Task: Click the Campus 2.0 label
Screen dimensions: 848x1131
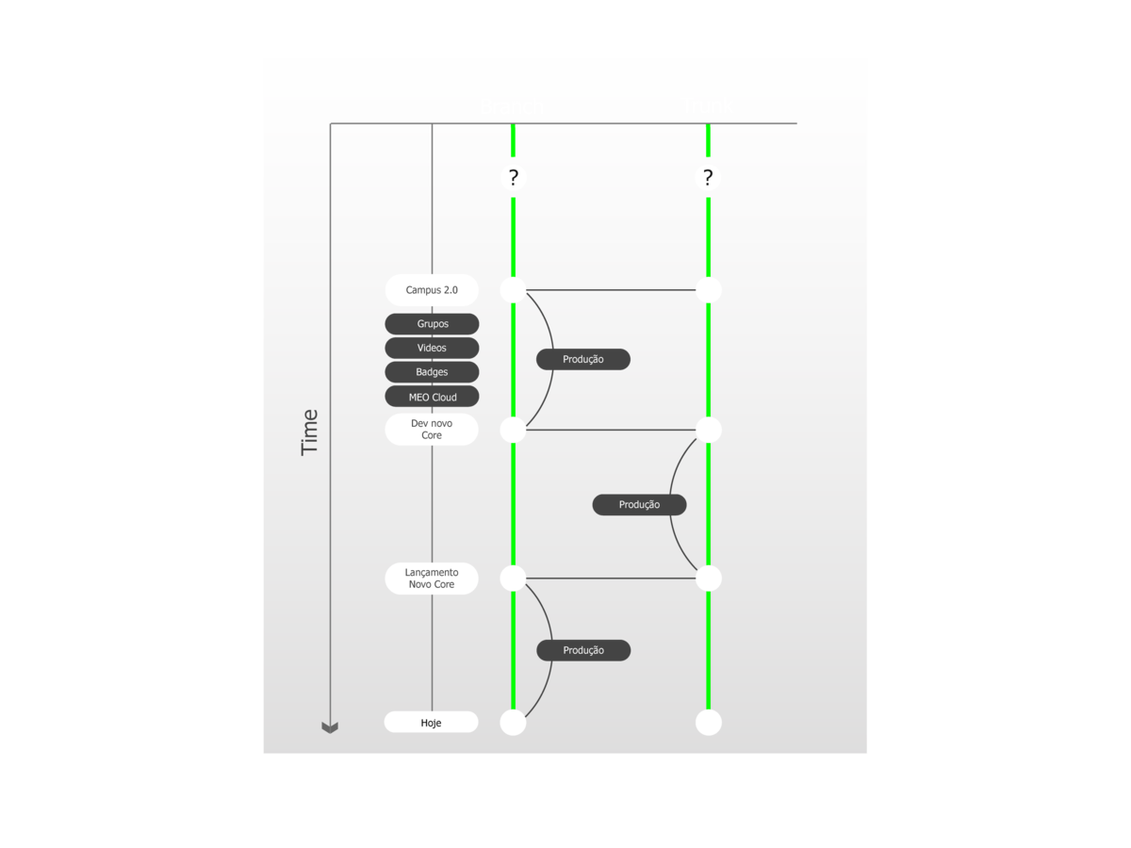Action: [x=432, y=290]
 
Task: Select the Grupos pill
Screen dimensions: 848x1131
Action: [x=432, y=324]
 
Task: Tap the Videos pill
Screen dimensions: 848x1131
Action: [x=432, y=348]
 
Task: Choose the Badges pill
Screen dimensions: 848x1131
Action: [x=432, y=372]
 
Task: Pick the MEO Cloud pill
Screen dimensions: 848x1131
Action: [x=432, y=397]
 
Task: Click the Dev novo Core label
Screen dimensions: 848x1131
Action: [x=432, y=430]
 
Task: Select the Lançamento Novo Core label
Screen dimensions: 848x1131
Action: [x=432, y=579]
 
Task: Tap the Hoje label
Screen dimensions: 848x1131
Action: [x=431, y=723]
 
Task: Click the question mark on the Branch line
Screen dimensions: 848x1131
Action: [x=514, y=177]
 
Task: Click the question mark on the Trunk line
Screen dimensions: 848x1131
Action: [x=708, y=177]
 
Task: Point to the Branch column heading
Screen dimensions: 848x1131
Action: [x=512, y=106]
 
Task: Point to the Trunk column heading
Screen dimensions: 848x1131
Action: [x=707, y=106]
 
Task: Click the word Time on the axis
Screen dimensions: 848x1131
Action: [x=310, y=432]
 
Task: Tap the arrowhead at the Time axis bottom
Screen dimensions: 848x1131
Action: [x=330, y=726]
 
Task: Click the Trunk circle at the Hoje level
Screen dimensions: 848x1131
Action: [x=709, y=723]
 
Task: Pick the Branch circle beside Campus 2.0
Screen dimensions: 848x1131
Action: [x=513, y=290]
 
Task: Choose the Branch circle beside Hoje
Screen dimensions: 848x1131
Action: [x=513, y=723]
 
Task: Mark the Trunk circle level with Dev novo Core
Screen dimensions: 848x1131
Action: [x=709, y=430]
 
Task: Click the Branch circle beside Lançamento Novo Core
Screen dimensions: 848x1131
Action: [x=513, y=579]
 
